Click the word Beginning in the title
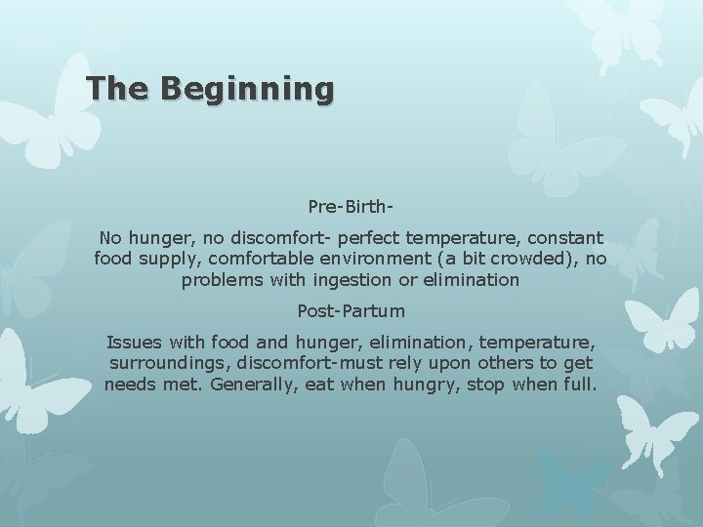click(x=248, y=89)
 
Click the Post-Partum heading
click(x=351, y=311)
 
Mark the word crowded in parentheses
click(x=535, y=259)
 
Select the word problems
click(x=221, y=280)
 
